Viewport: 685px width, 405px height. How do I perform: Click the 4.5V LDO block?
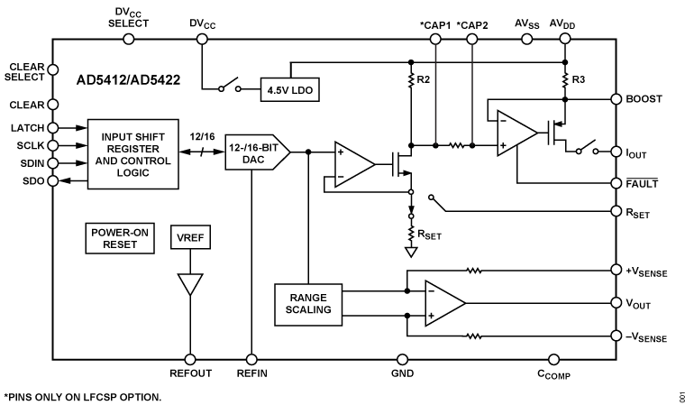[x=288, y=89]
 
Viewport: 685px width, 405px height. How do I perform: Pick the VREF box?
[x=189, y=239]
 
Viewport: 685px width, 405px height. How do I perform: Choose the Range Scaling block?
[x=307, y=302]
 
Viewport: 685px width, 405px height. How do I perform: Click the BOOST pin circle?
[x=616, y=98]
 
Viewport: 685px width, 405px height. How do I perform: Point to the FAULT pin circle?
[x=616, y=181]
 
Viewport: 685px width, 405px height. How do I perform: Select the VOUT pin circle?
[x=616, y=302]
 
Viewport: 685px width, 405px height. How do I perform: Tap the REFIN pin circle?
[x=251, y=358]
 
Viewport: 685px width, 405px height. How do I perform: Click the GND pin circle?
[x=403, y=358]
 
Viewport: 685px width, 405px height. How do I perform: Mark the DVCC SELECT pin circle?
[x=128, y=39]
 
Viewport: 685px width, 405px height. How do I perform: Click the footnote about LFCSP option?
[x=83, y=396]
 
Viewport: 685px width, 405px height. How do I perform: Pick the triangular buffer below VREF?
[x=189, y=284]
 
